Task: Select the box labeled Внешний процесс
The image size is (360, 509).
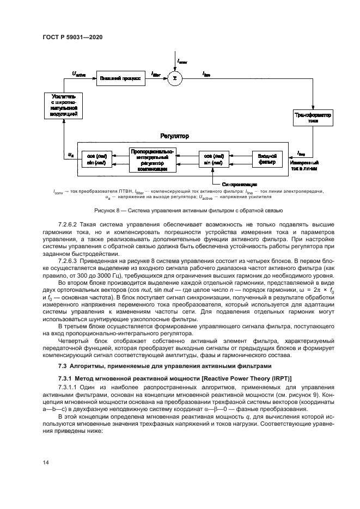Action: (120, 78)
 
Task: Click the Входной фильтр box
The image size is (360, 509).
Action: (267, 159)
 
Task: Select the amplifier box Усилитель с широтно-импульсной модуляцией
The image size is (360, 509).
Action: (64, 105)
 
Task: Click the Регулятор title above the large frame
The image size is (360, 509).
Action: (174, 136)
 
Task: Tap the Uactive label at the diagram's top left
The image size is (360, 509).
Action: (79, 73)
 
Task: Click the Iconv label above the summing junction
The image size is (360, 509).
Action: (181, 61)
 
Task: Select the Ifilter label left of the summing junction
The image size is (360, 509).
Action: (155, 73)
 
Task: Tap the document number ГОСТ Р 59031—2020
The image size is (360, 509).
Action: (72, 37)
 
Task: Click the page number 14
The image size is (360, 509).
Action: (46, 462)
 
